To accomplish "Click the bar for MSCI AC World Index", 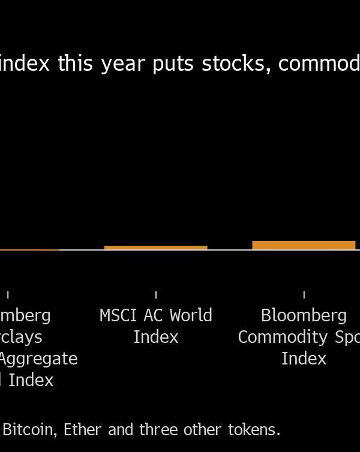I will pyautogui.click(x=155, y=247).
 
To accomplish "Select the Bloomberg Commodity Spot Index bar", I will pyautogui.click(x=304, y=245).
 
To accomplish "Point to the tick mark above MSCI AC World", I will pyautogui.click(x=156, y=294).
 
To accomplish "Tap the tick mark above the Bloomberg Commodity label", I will pyautogui.click(x=304, y=294).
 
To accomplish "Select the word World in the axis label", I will pyautogui.click(x=191, y=315).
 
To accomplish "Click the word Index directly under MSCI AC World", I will pyautogui.click(x=156, y=337).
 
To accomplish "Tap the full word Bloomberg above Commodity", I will pyautogui.click(x=304, y=316).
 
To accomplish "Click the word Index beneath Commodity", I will pyautogui.click(x=304, y=358).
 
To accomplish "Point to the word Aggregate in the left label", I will pyautogui.click(x=38, y=359).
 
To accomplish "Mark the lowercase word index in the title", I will pyautogui.click(x=25, y=64).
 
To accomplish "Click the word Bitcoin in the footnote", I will pyautogui.click(x=25, y=430).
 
